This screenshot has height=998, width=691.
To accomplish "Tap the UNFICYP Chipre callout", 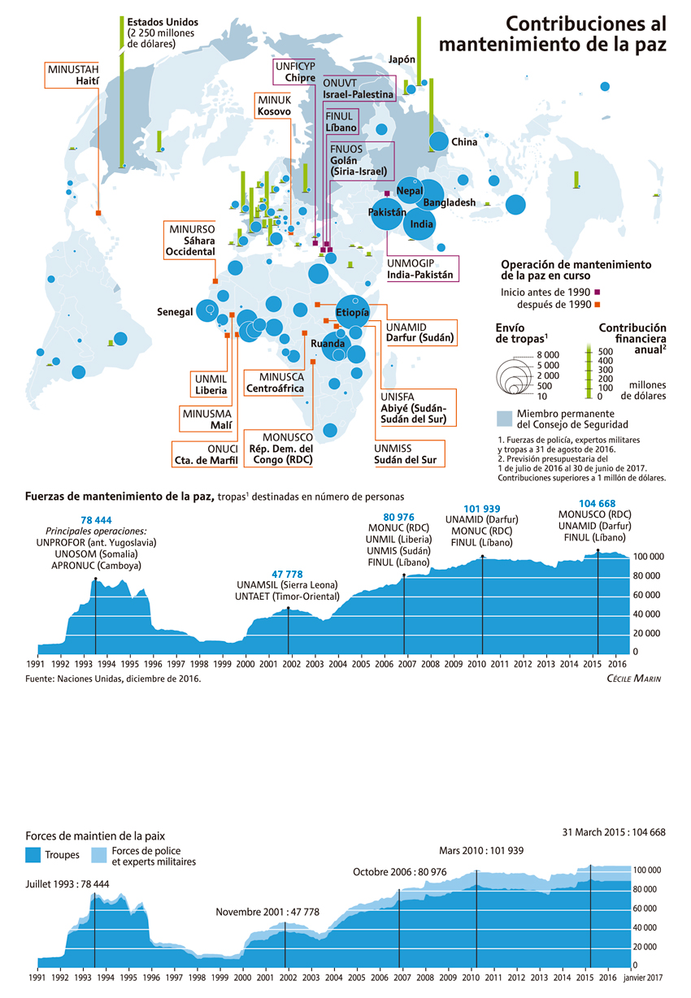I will click(x=295, y=71).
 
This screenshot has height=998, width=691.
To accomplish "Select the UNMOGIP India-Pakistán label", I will click(x=420, y=269).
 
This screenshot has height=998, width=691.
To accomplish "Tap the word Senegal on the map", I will click(x=175, y=311).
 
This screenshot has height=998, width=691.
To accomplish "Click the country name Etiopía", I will click(x=352, y=313).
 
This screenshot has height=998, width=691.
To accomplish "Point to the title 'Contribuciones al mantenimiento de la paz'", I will click(x=552, y=34).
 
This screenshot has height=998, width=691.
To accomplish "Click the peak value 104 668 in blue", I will click(x=598, y=502).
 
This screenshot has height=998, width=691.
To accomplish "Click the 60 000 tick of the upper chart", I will click(x=647, y=595).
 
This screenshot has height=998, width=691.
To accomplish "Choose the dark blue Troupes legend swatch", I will click(x=33, y=855).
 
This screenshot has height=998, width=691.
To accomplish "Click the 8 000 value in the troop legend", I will click(x=549, y=355).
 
